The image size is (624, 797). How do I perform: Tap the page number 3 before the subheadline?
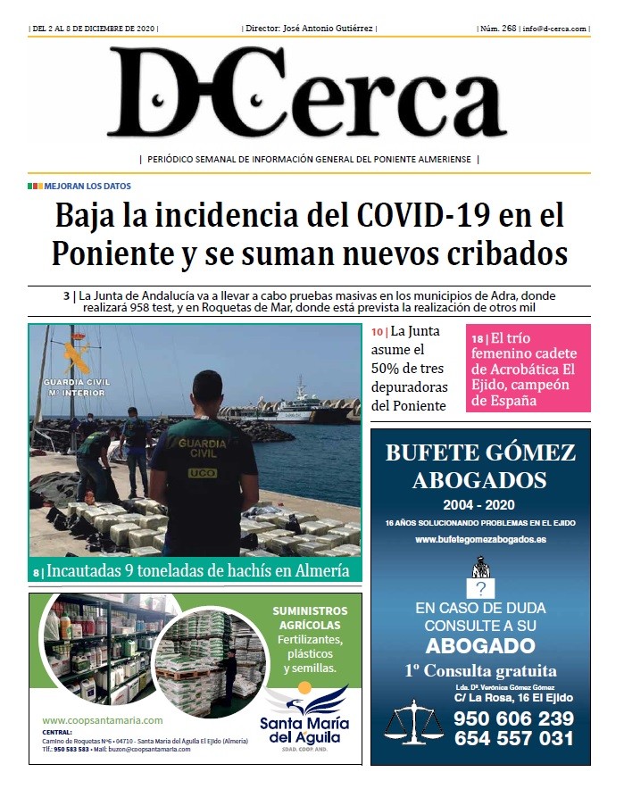click(x=66, y=295)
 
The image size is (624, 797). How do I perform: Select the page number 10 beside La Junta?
click(x=377, y=332)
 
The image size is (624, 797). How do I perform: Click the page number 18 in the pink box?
click(x=478, y=338)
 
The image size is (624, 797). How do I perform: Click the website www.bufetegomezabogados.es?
click(x=480, y=540)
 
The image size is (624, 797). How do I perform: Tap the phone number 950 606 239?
click(x=512, y=718)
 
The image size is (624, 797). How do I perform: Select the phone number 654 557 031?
click(x=512, y=738)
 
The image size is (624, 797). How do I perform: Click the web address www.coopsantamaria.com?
click(x=103, y=720)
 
